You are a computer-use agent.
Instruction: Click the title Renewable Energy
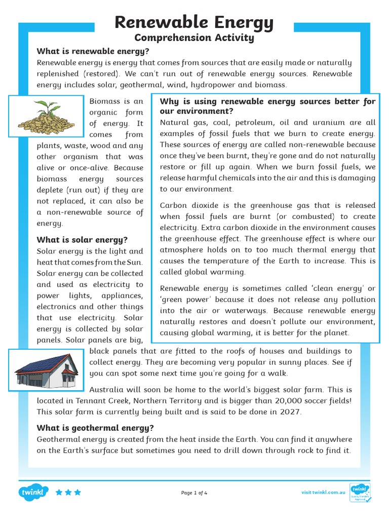point(194,22)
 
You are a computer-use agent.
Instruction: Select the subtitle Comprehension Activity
point(194,38)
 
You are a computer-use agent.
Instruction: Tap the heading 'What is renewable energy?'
point(93,51)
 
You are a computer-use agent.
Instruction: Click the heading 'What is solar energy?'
point(82,240)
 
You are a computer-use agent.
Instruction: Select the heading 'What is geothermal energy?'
point(95,428)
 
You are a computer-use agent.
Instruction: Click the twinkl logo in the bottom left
point(33,492)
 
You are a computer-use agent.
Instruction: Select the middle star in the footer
point(68,492)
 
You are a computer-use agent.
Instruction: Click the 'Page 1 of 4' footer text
point(194,493)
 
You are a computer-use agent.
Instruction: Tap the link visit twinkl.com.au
point(323,492)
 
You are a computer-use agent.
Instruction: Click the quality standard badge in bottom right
point(360,492)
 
